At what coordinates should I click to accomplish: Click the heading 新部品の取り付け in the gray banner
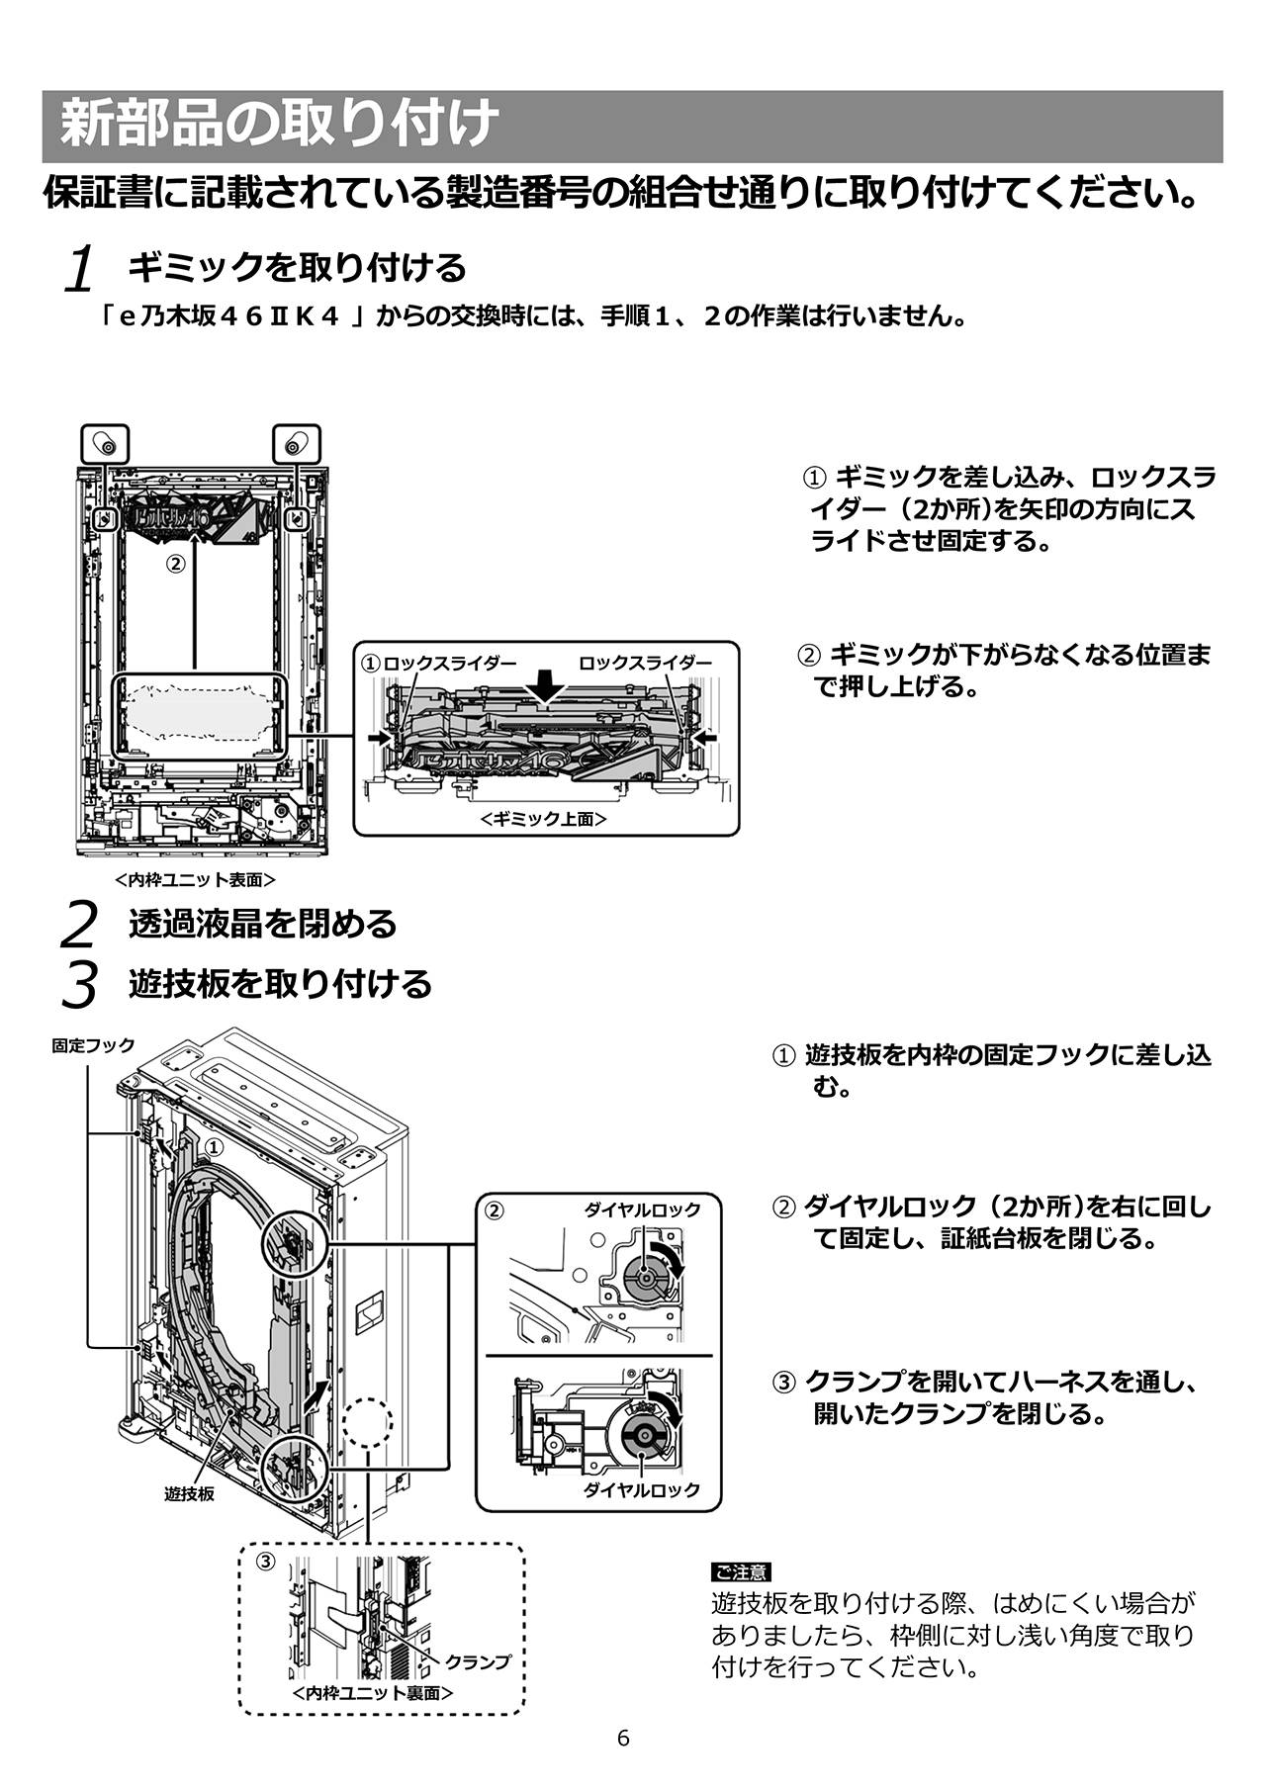click(x=280, y=126)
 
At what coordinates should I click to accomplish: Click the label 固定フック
click(x=93, y=1045)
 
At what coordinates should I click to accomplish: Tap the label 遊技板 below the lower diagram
click(x=189, y=1494)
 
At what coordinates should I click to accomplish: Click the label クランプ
click(x=478, y=1662)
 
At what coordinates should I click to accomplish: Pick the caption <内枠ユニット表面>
click(x=195, y=879)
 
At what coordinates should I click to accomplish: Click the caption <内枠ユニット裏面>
click(x=374, y=1692)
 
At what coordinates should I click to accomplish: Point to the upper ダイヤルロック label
click(x=642, y=1209)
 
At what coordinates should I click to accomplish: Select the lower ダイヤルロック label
click(x=642, y=1490)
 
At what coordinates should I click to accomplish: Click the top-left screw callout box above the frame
click(x=104, y=444)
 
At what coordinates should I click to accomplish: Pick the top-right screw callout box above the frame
click(x=295, y=444)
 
